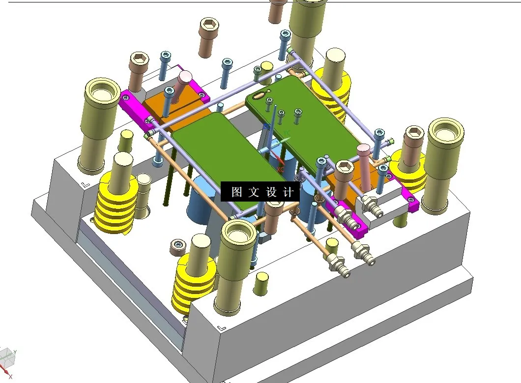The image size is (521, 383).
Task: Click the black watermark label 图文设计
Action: [x=260, y=192]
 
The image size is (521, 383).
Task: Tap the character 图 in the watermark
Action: [x=236, y=192]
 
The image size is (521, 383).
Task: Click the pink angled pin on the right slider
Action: [x=365, y=167]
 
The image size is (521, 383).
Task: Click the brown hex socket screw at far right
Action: [x=414, y=143]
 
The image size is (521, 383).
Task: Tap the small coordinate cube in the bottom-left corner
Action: [x=7, y=356]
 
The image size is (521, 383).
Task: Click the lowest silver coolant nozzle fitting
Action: [x=339, y=266]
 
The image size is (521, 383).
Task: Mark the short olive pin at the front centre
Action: [x=261, y=284]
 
